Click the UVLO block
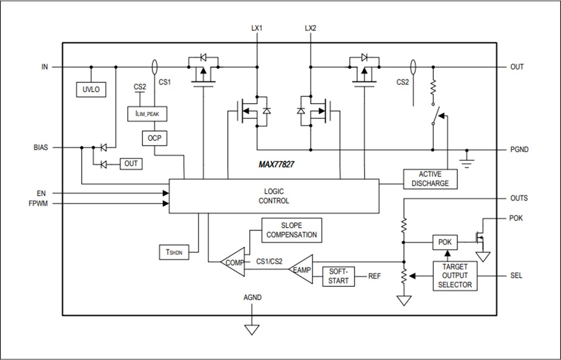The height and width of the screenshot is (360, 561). (91, 89)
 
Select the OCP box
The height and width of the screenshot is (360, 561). (154, 138)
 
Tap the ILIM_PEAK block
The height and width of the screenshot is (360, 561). (148, 114)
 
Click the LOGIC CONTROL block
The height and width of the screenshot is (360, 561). (274, 196)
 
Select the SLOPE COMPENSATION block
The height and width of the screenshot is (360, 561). (291, 230)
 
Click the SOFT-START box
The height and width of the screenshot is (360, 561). (338, 276)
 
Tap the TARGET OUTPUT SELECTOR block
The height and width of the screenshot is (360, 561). (455, 275)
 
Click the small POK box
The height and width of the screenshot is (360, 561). (445, 242)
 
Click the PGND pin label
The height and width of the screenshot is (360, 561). (519, 150)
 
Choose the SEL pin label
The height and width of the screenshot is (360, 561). (516, 275)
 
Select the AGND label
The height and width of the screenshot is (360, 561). (252, 298)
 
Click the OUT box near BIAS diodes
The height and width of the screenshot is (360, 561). (131, 164)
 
